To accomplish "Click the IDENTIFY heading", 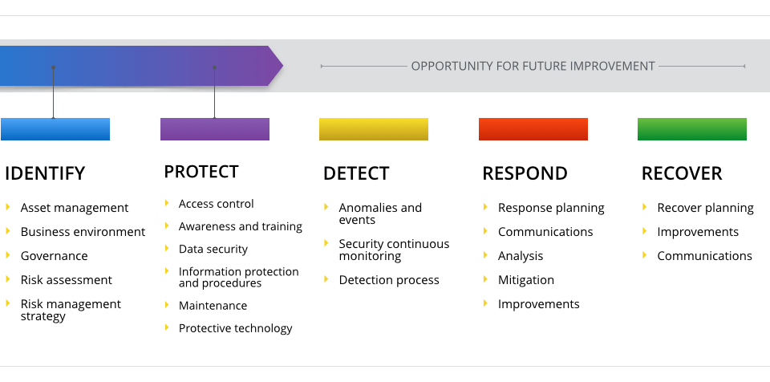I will tap(45, 173).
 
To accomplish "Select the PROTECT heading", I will tap(201, 172).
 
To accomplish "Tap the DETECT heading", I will tap(356, 173).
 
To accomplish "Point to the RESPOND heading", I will tap(525, 173).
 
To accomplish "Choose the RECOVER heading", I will tap(682, 173).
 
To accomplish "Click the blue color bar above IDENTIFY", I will tap(55, 129).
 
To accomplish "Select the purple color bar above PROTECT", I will tap(215, 129).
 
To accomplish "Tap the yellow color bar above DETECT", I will tap(374, 129).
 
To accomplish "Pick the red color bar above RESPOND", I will tap(533, 129).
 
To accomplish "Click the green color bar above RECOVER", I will tap(692, 129).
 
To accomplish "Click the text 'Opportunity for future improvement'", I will tap(533, 66).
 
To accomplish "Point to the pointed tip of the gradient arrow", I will tap(282, 66).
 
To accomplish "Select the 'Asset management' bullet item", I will tap(75, 208).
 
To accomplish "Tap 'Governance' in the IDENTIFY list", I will tap(55, 256).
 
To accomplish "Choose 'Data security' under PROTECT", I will tap(213, 250).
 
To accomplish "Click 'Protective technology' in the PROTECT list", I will tap(236, 328).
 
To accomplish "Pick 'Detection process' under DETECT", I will tap(389, 280).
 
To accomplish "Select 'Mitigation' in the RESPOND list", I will tap(526, 280).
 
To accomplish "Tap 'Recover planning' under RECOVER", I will tap(706, 208).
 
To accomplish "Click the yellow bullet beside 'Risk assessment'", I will tap(8, 279).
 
